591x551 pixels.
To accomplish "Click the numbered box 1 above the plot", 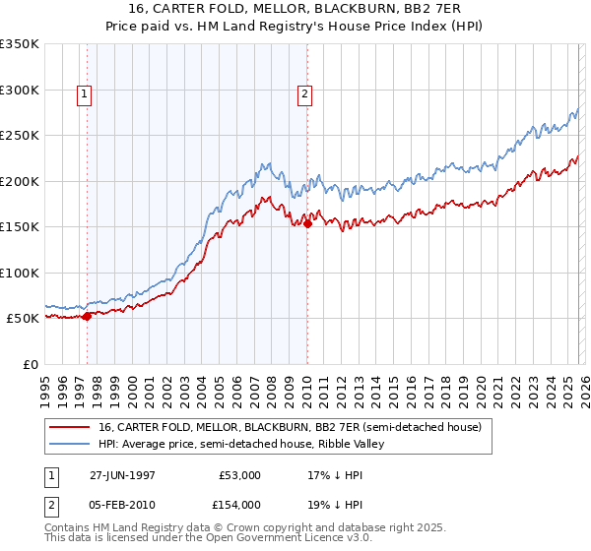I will coord(84,94).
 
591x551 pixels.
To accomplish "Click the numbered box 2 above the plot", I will coord(305,94).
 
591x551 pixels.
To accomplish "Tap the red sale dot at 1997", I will coord(88,316).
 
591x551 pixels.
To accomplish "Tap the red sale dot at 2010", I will coord(307,223).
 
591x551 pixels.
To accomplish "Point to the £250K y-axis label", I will coord(20,136).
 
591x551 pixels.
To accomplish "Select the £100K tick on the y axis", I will coord(20,273).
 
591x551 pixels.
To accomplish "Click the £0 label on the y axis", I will coord(30,364).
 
